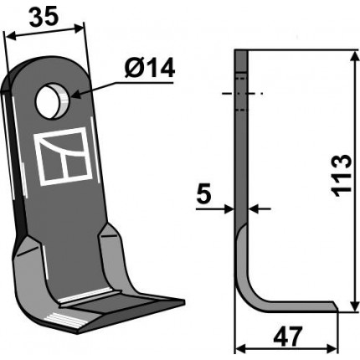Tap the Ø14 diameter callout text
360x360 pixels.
click(150, 68)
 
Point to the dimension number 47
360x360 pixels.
click(288, 336)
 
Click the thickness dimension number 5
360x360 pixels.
click(203, 193)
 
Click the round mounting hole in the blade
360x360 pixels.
click(53, 101)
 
